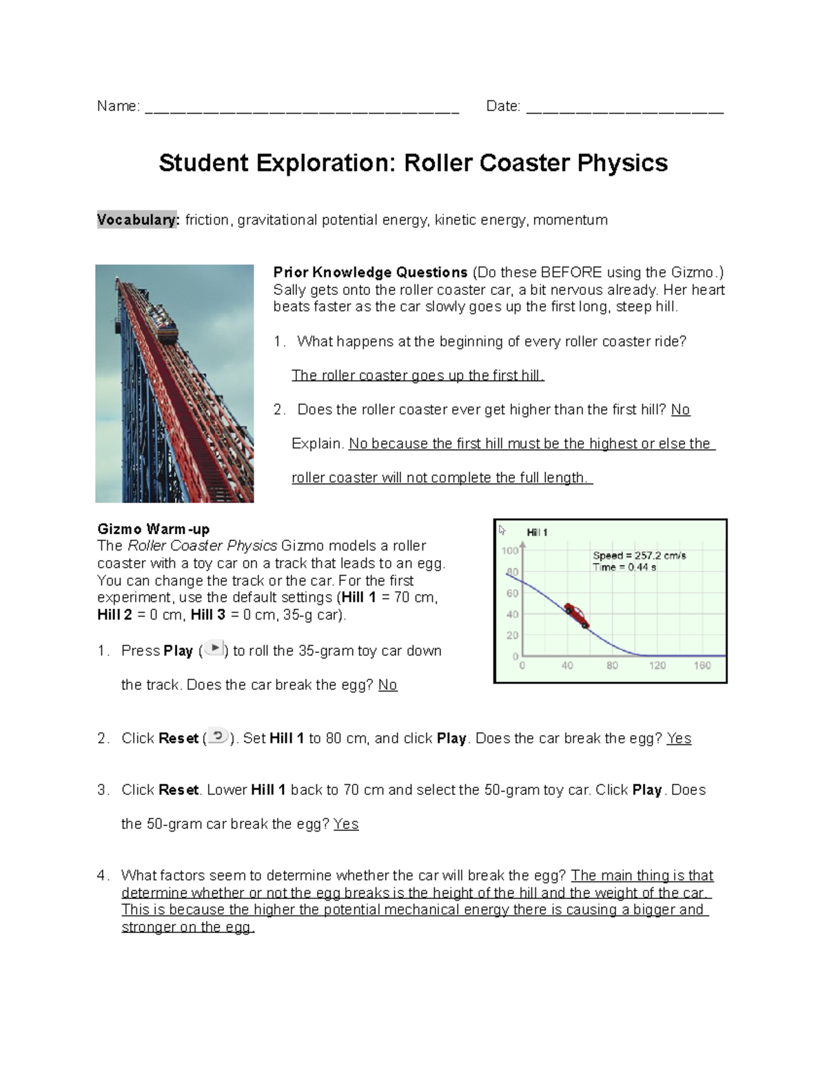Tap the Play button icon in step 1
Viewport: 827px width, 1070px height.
[214, 648]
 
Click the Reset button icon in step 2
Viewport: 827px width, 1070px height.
[218, 736]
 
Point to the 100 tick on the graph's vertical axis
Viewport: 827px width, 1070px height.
[509, 551]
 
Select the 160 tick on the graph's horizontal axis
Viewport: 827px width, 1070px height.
[702, 666]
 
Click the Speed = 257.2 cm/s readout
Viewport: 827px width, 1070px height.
[639, 555]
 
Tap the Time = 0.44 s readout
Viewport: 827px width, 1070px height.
[624, 567]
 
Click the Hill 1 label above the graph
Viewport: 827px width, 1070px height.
[537, 533]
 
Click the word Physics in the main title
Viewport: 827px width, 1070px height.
[622, 163]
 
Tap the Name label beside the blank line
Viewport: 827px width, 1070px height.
[118, 106]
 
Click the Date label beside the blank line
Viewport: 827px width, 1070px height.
[502, 106]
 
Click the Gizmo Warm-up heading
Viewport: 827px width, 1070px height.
[153, 529]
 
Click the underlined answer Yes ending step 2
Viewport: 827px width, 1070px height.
[679, 739]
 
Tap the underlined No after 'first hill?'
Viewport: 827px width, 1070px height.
[680, 410]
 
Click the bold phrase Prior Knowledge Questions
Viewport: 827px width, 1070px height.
[370, 272]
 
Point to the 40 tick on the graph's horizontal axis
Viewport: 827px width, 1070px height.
[567, 666]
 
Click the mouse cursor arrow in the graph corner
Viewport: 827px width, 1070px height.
[502, 530]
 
